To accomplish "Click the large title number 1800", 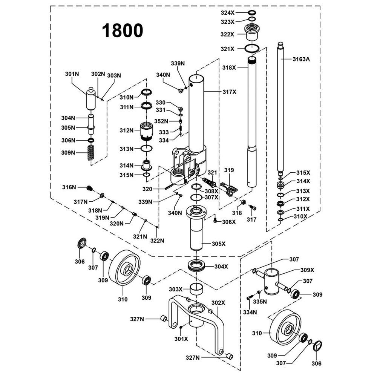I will (x=123, y=30).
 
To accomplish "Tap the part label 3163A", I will (x=302, y=59).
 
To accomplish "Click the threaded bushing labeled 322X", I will (x=251, y=32).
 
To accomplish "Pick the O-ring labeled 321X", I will (x=251, y=49).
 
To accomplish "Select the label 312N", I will (x=127, y=130).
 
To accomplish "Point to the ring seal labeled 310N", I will (x=147, y=93).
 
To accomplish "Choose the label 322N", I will (x=158, y=241).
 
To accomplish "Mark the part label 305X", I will (x=218, y=244).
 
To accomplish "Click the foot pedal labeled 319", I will (x=228, y=188).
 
